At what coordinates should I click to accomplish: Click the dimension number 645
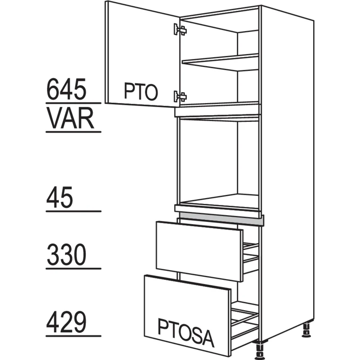(67, 89)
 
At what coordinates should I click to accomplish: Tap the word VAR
(71, 118)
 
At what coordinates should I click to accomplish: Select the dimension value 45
(60, 198)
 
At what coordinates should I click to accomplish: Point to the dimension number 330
(67, 254)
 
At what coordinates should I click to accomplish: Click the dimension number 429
(67, 322)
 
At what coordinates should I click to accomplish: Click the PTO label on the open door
(141, 91)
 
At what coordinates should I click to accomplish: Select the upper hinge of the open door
(180, 30)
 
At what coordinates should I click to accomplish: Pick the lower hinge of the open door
(180, 96)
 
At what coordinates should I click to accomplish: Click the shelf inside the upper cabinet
(220, 62)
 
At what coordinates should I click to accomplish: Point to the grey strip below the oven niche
(221, 219)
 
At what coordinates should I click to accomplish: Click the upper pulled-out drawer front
(199, 252)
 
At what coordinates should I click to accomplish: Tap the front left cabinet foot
(260, 350)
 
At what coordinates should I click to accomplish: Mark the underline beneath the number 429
(73, 336)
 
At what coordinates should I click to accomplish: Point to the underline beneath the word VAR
(73, 132)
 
